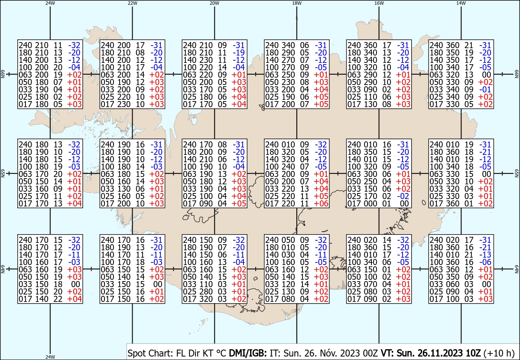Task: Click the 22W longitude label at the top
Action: (x=132, y=3)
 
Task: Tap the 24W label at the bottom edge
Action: (x=50, y=357)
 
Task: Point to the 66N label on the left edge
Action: (x=3, y=74)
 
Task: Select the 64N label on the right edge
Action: (x=517, y=269)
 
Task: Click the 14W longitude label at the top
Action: (x=461, y=3)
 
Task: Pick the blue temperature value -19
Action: (x=239, y=53)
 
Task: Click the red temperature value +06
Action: (x=321, y=203)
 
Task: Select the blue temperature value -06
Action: (x=485, y=262)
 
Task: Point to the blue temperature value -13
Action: (x=485, y=255)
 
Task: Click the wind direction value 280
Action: (x=206, y=291)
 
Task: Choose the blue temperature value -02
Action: (x=403, y=196)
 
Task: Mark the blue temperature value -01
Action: (x=485, y=89)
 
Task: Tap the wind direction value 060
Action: (x=453, y=284)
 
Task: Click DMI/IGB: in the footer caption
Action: (x=248, y=353)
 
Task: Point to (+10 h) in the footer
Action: (x=499, y=353)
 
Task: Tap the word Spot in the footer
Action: (x=136, y=353)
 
